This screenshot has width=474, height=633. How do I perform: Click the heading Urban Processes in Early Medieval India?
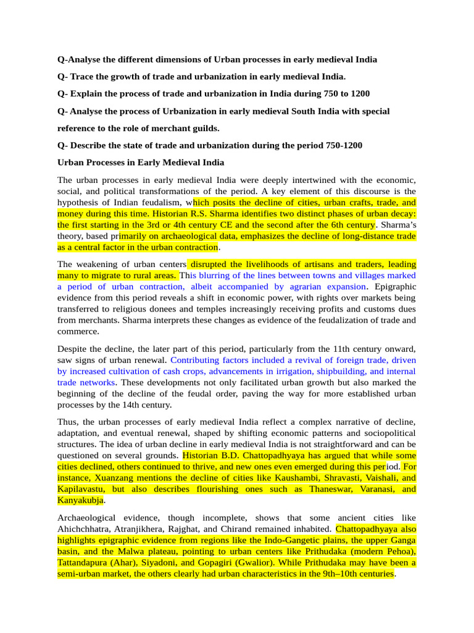(x=141, y=163)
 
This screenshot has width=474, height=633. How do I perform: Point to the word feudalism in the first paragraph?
(x=160, y=202)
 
